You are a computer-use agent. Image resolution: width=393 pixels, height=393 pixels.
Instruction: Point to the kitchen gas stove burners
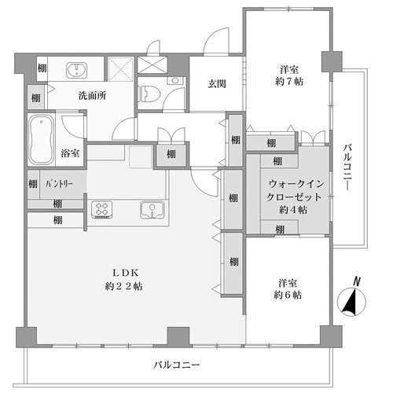(x=104, y=209)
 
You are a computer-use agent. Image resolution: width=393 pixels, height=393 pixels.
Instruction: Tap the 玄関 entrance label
(x=218, y=83)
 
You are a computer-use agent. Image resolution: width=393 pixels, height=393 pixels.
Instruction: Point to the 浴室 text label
(x=68, y=152)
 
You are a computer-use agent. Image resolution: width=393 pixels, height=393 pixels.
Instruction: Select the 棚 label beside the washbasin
(x=42, y=69)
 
